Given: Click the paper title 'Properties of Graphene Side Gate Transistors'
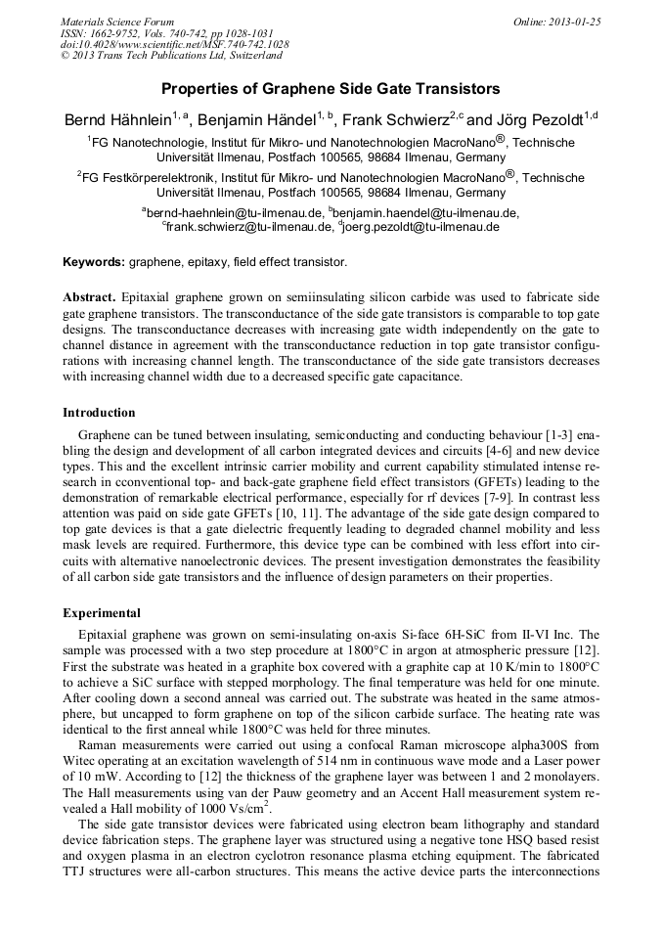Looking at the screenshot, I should click(331, 89).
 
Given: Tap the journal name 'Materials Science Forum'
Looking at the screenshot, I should click(117, 22).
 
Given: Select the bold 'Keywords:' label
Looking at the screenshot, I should click(94, 262).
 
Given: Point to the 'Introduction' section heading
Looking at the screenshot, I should click(99, 413).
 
